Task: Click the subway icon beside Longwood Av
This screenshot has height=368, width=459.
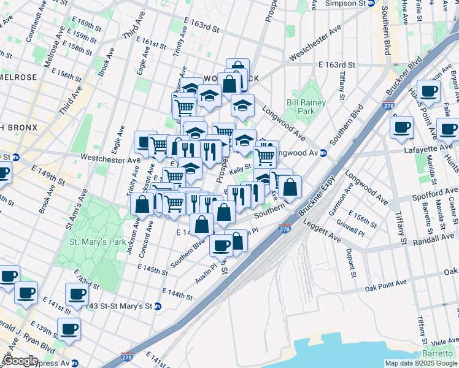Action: coord(323,153)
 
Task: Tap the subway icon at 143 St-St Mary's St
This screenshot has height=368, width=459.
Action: coord(158,306)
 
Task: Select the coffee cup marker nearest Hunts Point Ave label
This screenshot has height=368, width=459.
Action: coord(428,91)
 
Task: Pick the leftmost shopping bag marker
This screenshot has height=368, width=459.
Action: coord(142,204)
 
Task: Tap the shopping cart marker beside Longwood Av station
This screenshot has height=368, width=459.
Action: coord(264,156)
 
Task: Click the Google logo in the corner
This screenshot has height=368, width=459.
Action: coord(20,361)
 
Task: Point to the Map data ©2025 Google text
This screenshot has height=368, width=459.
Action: coord(420,363)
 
